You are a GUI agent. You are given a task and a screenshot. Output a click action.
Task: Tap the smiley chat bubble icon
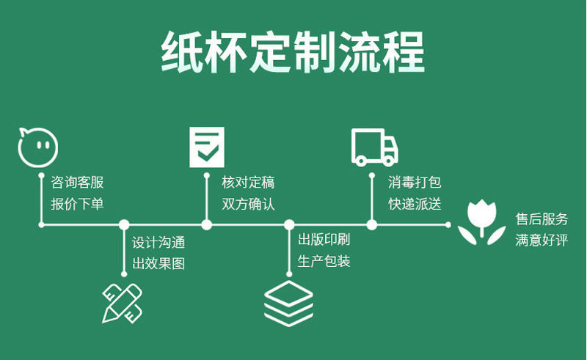point(38,146)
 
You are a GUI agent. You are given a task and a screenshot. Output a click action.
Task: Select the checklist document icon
point(206,146)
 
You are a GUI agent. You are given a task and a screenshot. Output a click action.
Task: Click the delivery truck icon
point(374,146)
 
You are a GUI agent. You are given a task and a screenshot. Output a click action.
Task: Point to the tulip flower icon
point(482,222)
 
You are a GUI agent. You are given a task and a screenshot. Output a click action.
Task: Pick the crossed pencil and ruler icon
point(122,301)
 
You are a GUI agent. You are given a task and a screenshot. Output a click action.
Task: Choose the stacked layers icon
point(288,303)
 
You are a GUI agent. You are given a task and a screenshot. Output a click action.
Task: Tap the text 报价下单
point(78,204)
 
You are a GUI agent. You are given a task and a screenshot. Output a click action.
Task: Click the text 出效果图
point(158,263)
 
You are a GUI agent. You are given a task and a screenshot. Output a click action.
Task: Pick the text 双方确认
point(249,204)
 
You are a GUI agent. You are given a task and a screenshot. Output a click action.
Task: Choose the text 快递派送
point(415,204)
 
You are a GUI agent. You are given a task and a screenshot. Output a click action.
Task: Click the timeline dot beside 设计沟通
point(124,225)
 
